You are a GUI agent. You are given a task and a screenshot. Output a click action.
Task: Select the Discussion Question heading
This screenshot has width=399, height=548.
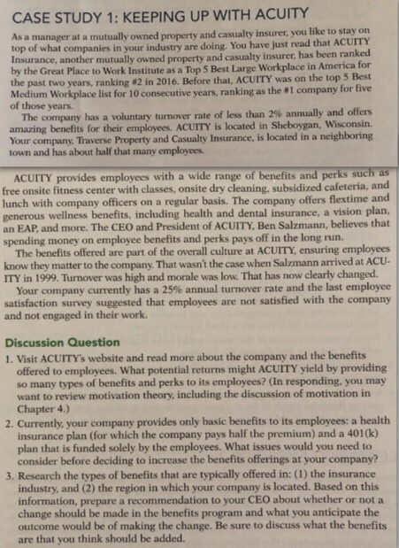[62, 343]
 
